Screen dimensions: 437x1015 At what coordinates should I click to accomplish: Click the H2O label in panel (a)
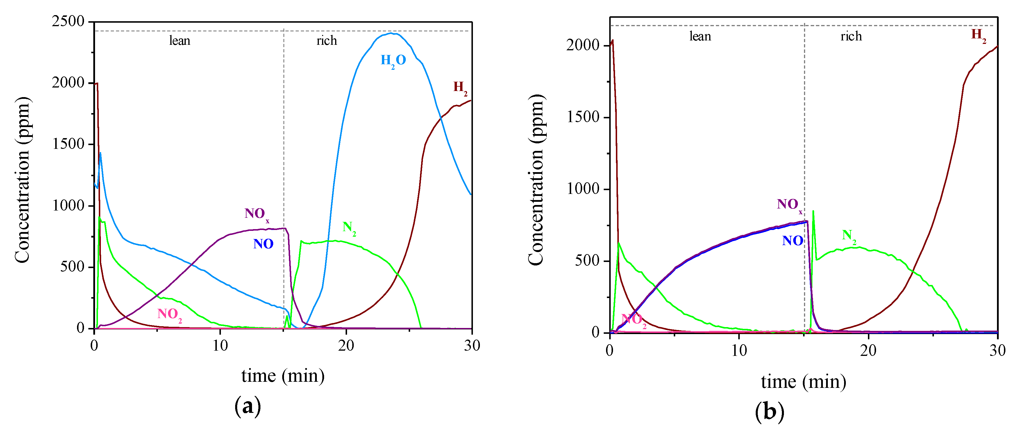point(393,61)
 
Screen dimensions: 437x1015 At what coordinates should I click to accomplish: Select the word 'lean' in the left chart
point(180,41)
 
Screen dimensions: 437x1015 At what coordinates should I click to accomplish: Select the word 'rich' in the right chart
point(851,36)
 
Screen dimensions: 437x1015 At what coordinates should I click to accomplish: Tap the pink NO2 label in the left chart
point(169,315)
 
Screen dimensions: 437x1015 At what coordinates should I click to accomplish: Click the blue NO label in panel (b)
point(792,241)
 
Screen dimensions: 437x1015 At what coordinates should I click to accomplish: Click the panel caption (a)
point(247,406)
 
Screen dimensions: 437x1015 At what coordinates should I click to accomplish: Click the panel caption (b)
point(769,412)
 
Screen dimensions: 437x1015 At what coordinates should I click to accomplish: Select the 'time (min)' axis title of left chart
point(283,376)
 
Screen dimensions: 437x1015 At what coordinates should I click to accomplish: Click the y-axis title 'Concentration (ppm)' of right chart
point(536,180)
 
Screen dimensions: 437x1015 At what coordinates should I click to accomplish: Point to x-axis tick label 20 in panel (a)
point(346,346)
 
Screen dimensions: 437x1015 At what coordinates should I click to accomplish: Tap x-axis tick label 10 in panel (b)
point(739,350)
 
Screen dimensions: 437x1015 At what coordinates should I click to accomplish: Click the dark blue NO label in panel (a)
point(263,244)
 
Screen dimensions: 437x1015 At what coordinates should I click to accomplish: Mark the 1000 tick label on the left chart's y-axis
point(68,205)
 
